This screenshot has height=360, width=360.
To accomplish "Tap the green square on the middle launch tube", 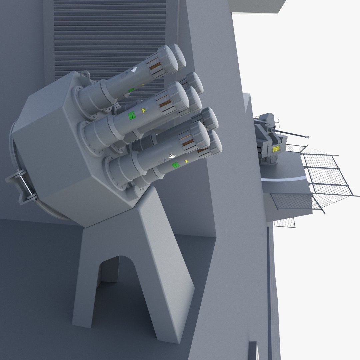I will tap(132, 115).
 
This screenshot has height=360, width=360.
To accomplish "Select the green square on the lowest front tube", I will tap(175, 165).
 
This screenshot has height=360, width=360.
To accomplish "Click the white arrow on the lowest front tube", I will tap(172, 156).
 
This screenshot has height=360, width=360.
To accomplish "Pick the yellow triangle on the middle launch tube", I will tap(144, 110).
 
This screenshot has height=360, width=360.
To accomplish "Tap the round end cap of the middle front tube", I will tap(179, 97).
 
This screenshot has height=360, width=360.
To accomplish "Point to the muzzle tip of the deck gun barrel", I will tap(308, 137).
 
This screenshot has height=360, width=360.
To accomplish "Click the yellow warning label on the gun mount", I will tap(276, 149).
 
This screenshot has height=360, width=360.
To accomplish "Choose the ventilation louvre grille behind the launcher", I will tap(110, 33).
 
